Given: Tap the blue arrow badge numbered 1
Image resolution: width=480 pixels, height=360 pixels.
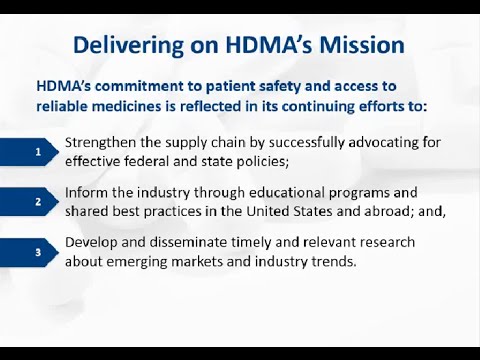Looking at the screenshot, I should [39, 151].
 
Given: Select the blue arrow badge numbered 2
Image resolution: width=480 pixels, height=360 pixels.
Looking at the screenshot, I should [39, 201].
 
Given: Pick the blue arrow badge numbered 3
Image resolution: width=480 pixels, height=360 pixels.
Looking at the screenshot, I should [39, 252].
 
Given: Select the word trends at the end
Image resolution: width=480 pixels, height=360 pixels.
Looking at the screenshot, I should [331, 261].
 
